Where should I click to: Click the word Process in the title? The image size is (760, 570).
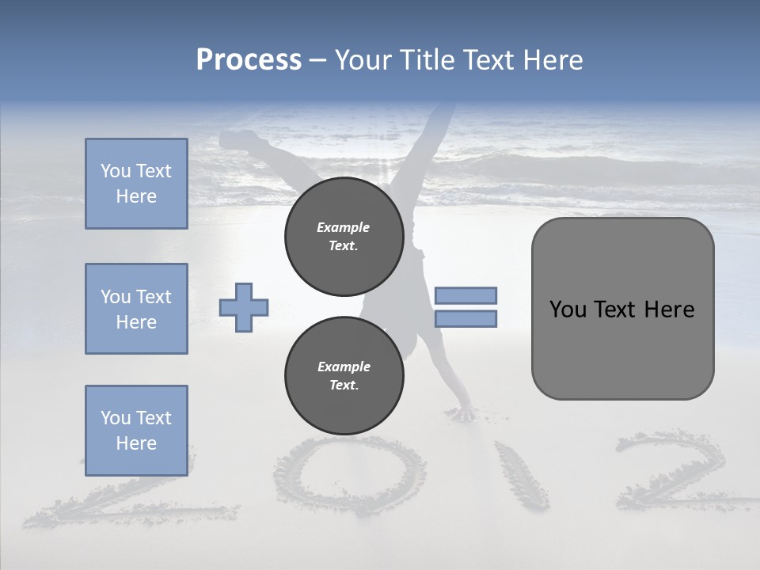pos(249,60)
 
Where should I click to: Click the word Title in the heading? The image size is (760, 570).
pos(426,60)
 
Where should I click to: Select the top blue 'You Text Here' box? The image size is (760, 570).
pos(136,184)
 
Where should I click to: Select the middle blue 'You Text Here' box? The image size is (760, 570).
pos(136,309)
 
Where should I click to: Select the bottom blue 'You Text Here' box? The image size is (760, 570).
pos(136,430)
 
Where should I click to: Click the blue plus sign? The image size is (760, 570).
pos(244,307)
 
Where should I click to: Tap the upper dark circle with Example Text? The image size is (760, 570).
pos(344,237)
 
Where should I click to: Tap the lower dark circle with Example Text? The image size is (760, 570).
pos(344,376)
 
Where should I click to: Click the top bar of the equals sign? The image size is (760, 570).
pos(465,295)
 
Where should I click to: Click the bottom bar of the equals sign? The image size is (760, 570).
pos(465,318)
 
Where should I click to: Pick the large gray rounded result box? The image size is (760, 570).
pos(622,348)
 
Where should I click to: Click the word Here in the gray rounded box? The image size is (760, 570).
pos(670,310)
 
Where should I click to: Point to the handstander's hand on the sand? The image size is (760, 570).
pos(461,413)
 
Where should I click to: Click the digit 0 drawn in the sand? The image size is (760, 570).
pos(349,475)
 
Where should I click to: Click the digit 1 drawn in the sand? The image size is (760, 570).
pos(521,475)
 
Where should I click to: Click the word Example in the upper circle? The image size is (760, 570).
pos(344,227)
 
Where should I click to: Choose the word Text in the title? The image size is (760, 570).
pos(488,60)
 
